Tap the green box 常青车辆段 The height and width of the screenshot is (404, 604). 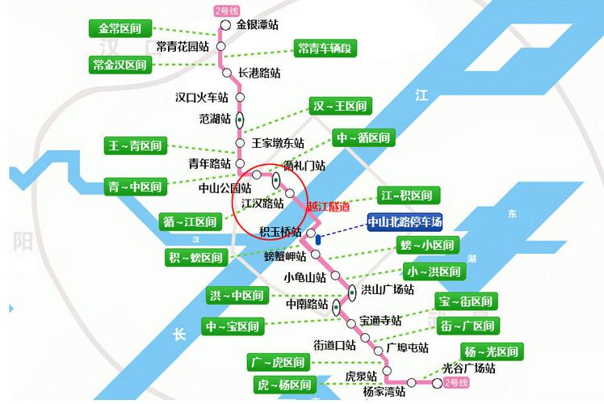click(x=324, y=48)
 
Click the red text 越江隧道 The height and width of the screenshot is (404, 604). click(x=329, y=206)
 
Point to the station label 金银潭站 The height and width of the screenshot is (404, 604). click(x=263, y=25)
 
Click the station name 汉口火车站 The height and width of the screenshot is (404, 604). click(x=203, y=98)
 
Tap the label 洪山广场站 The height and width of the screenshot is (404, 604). click(x=387, y=289)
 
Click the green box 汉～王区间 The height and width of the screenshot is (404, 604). click(x=340, y=106)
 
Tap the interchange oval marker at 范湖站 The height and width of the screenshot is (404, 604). click(x=240, y=119)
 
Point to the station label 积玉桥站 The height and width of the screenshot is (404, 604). click(x=280, y=232)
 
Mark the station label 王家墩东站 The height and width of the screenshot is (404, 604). click(x=278, y=143)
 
